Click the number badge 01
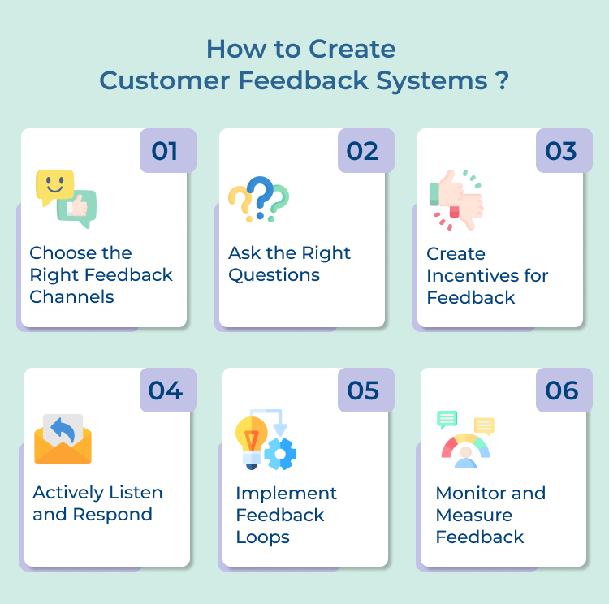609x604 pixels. point(167,151)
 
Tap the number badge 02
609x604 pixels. point(365,151)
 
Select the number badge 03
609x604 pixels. point(564,151)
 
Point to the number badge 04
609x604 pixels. point(167,390)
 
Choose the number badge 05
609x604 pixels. point(365,390)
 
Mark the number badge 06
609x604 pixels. point(564,390)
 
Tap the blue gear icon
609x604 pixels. point(280,453)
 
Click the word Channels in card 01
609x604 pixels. point(71,297)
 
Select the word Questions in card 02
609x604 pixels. point(274,275)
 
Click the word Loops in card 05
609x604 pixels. point(263,537)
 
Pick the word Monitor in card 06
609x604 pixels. point(467,494)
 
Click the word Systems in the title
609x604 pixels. point(430,81)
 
